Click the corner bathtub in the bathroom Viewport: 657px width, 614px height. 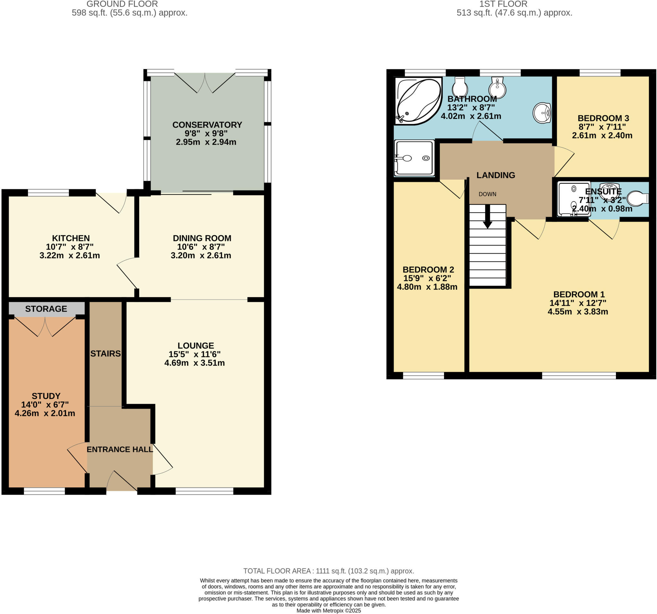pyautogui.click(x=419, y=101)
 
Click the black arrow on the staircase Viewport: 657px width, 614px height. pyautogui.click(x=488, y=217)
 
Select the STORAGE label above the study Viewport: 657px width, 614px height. pyautogui.click(x=46, y=308)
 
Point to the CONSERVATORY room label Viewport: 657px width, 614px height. pyautogui.click(x=207, y=125)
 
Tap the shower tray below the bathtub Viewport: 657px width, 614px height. pyautogui.click(x=414, y=158)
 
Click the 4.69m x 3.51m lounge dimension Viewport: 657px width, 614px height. pyautogui.click(x=194, y=363)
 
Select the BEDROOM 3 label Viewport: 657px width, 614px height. pyautogui.click(x=603, y=118)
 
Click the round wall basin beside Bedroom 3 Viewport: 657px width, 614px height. pyautogui.click(x=542, y=113)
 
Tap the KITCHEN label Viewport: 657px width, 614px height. pyautogui.click(x=71, y=238)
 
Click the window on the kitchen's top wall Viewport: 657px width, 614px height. pyautogui.click(x=48, y=193)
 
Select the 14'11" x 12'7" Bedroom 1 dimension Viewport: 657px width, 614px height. pyautogui.click(x=578, y=303)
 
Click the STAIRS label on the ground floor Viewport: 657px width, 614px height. pyautogui.click(x=106, y=353)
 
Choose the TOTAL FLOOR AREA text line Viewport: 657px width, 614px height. pyautogui.click(x=328, y=571)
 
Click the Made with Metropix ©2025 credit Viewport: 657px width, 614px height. pyautogui.click(x=328, y=611)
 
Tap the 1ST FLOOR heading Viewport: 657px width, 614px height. pyautogui.click(x=503, y=4)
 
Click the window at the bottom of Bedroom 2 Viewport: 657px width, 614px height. pyautogui.click(x=423, y=376)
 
